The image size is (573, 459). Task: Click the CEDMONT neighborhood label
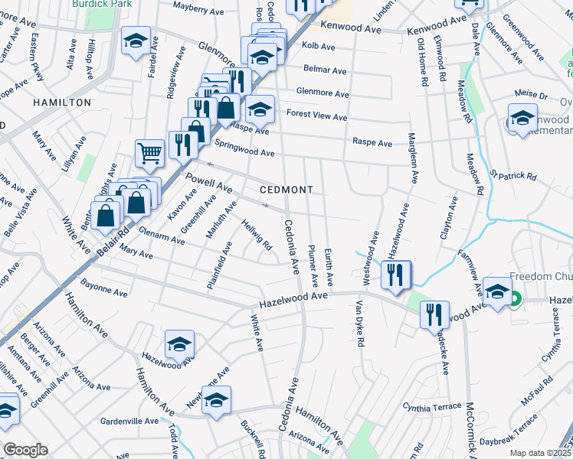[280, 189]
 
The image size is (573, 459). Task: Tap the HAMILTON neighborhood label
[62, 102]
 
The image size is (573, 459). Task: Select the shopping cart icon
[149, 153]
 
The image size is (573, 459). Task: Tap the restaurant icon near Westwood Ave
[395, 275]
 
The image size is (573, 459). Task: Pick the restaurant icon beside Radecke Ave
[435, 314]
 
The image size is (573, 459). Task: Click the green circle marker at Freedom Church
[516, 300]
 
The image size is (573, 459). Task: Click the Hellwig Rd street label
[257, 234]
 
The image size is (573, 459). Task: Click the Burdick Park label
[102, 4]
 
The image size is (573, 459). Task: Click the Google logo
[25, 450]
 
